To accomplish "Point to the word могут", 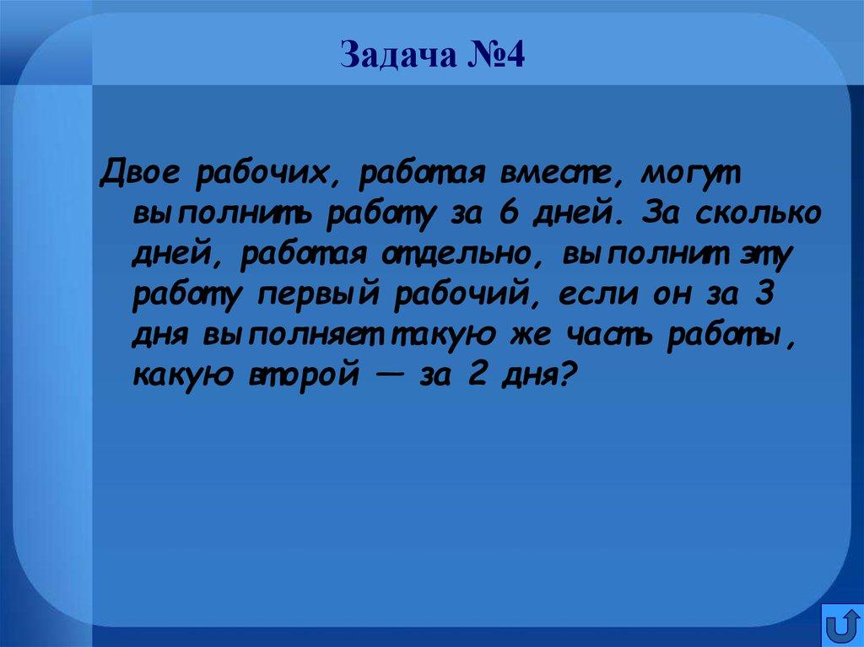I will coord(689,176).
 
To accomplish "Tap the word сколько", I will coord(758,214).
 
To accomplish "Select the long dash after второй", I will coord(388,374).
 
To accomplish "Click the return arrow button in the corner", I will coord(842,625).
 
